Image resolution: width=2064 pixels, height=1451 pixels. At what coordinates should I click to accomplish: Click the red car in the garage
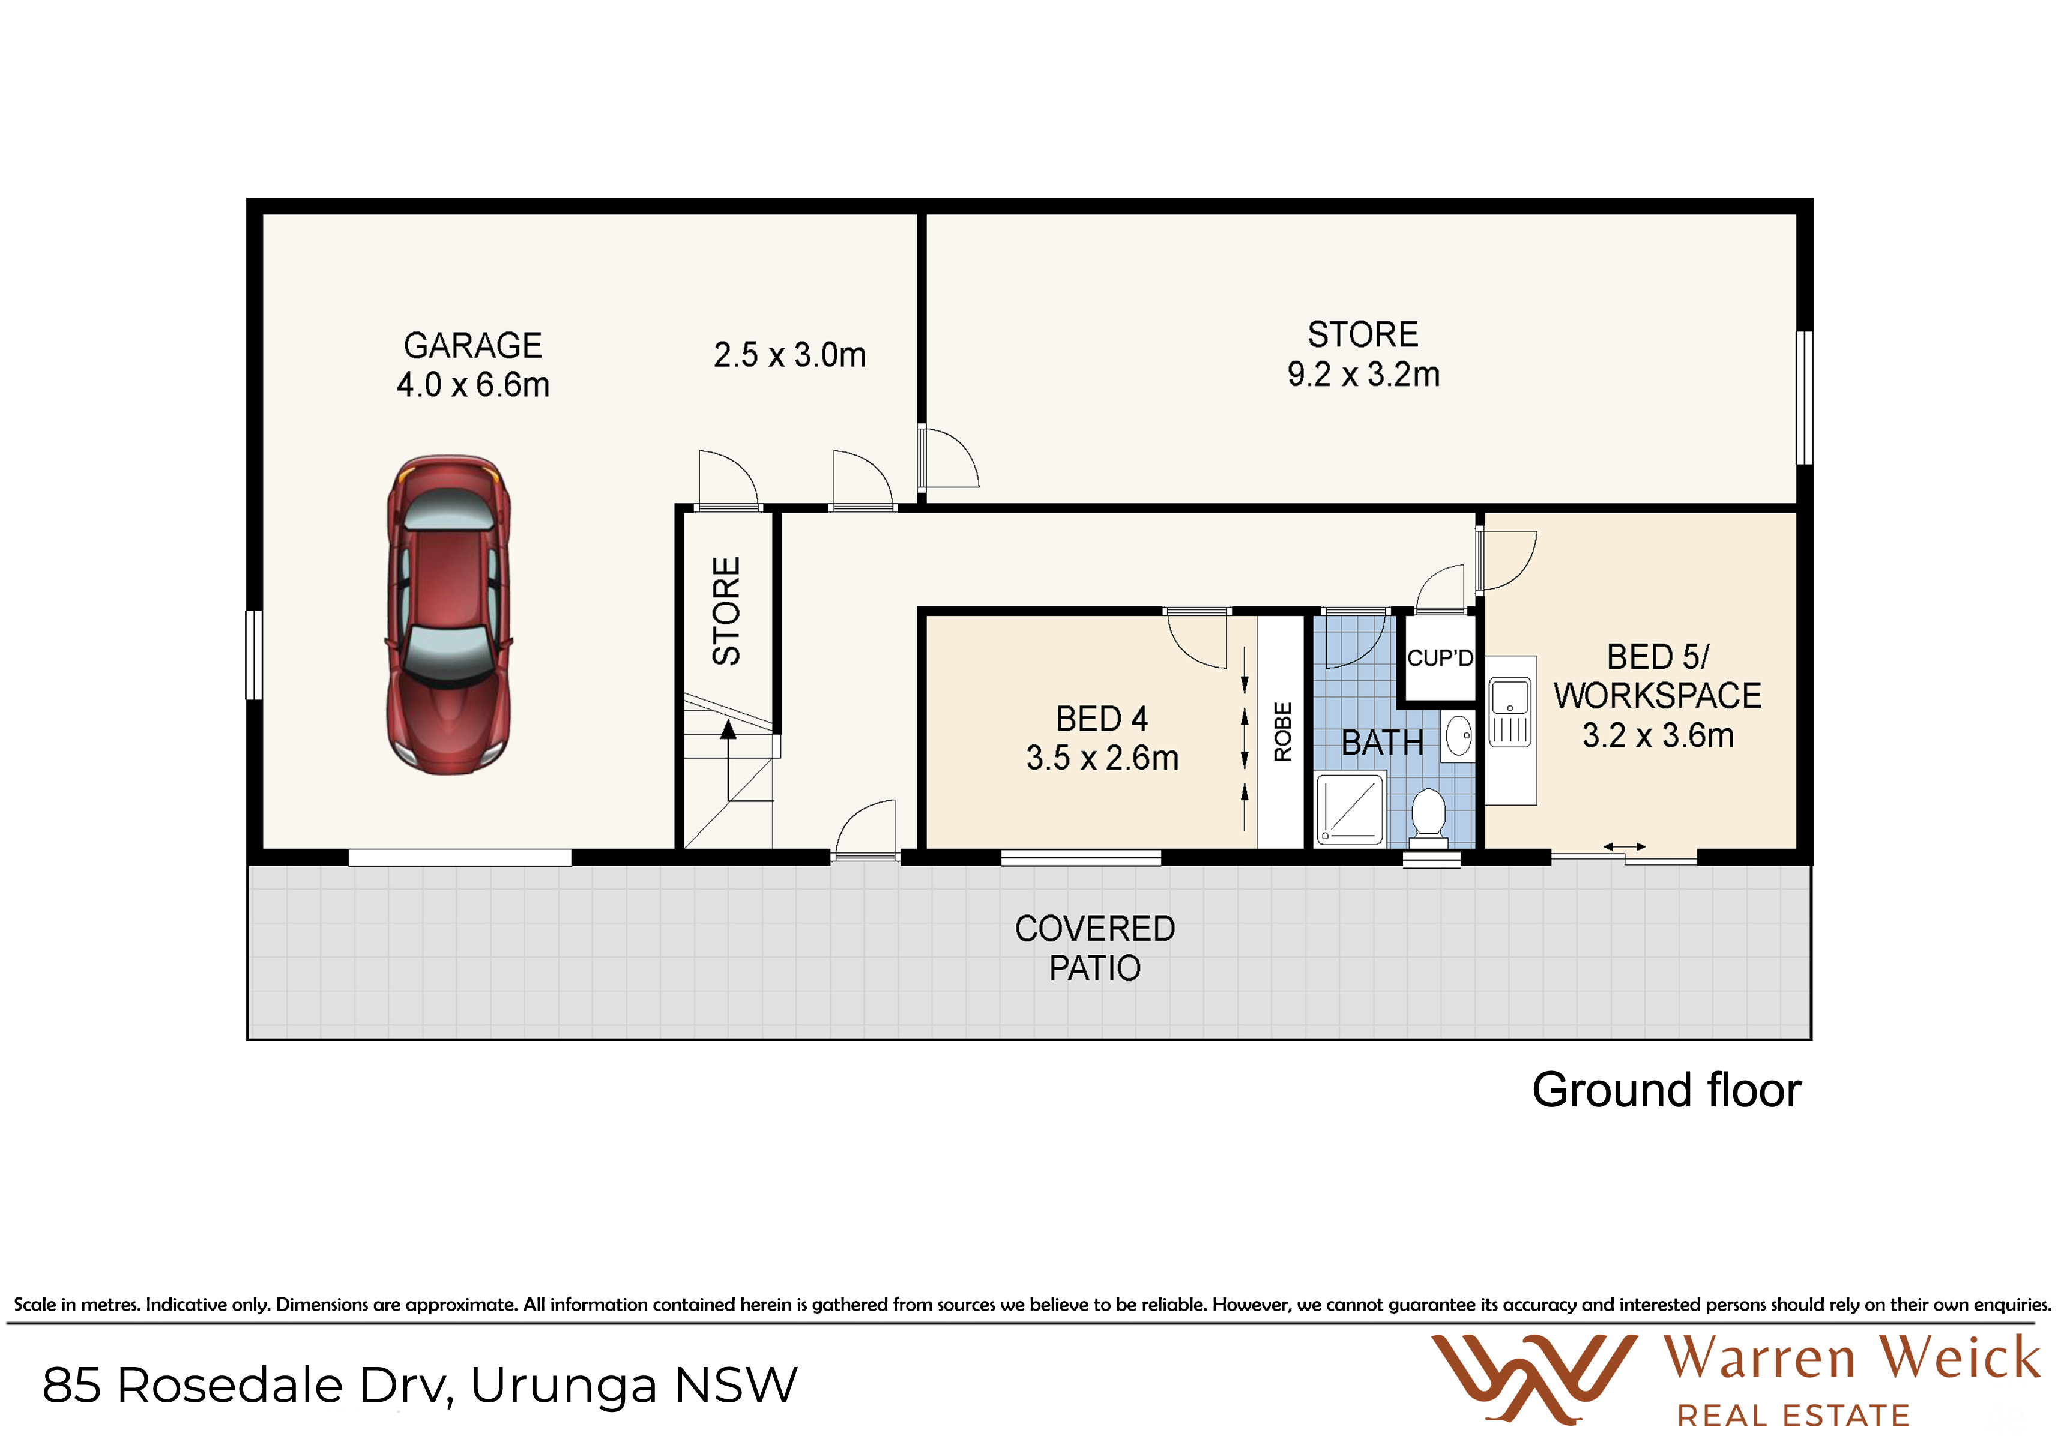click(448, 614)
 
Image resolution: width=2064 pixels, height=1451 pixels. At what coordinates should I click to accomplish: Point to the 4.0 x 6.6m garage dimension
click(473, 385)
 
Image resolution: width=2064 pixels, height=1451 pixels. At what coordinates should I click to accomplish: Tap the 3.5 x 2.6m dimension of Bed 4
click(1102, 758)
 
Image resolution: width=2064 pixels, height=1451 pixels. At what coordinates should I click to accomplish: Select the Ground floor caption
click(1667, 1090)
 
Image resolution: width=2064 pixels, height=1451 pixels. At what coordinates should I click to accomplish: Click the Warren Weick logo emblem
click(1534, 1379)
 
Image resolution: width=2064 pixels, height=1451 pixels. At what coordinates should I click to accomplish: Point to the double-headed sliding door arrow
click(1625, 847)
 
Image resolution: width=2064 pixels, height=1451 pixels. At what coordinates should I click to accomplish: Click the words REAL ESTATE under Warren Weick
click(1793, 1417)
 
